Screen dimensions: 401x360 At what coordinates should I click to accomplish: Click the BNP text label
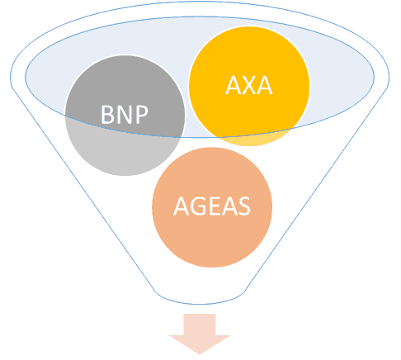pyautogui.click(x=125, y=115)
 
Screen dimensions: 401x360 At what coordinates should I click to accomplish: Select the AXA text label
pyautogui.click(x=249, y=86)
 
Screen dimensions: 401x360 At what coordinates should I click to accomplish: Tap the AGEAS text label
pyautogui.click(x=212, y=206)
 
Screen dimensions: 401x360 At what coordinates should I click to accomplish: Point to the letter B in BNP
pyautogui.click(x=108, y=115)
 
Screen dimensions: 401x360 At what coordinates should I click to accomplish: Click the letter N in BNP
pyautogui.click(x=125, y=115)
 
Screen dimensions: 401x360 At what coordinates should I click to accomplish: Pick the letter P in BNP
pyautogui.click(x=142, y=115)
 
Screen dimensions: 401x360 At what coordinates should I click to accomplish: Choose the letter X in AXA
pyautogui.click(x=249, y=86)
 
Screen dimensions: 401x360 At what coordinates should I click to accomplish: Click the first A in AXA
pyautogui.click(x=234, y=86)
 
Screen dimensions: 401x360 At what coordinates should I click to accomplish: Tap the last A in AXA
pyautogui.click(x=265, y=86)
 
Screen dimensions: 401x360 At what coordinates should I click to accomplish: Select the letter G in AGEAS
pyautogui.click(x=198, y=206)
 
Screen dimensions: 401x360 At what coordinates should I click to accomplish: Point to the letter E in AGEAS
pyautogui.click(x=215, y=206)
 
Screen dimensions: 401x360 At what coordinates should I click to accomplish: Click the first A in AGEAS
pyautogui.click(x=182, y=206)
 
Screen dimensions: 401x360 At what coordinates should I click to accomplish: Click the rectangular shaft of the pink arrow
pyautogui.click(x=200, y=324)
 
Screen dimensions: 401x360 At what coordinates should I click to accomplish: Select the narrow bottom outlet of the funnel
pyautogui.click(x=200, y=298)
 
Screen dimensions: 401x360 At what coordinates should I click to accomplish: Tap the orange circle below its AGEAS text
pyautogui.click(x=212, y=242)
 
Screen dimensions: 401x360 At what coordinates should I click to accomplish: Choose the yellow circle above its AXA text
pyautogui.click(x=249, y=51)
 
